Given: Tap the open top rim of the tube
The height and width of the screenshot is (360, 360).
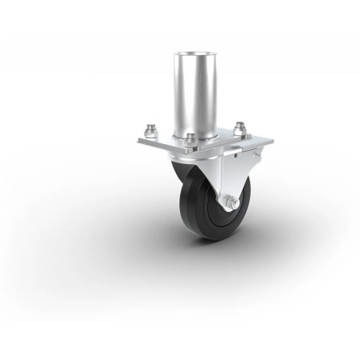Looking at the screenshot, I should [195, 54].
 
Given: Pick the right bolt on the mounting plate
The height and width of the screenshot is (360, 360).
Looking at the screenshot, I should [239, 127].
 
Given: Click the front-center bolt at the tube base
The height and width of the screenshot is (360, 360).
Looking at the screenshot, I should [190, 139].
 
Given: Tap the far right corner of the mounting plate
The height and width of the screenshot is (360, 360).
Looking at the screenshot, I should [272, 140].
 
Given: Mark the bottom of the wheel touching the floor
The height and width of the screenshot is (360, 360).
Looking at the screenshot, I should [209, 239].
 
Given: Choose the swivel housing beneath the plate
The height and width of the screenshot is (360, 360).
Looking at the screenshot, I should [195, 159].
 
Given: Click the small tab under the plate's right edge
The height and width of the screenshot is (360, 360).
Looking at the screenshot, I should [257, 154].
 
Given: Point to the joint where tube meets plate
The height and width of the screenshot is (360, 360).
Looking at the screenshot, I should [195, 134].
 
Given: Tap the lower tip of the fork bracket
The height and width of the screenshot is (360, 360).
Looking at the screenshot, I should [232, 210].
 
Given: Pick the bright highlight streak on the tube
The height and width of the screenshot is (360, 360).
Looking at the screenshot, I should [185, 96].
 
